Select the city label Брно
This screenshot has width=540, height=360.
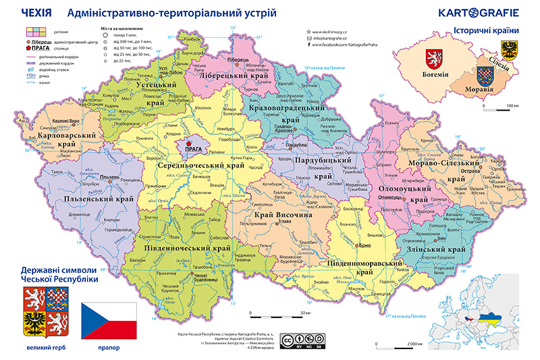(366, 245)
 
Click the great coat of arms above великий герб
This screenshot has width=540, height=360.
(43, 312)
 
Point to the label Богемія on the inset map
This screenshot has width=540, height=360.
(435, 73)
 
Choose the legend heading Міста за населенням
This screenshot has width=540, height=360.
(122, 30)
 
